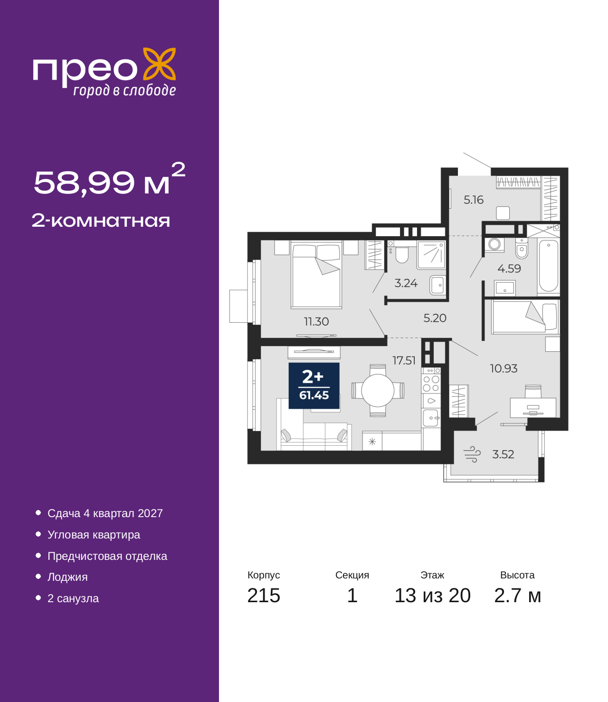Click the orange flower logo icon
click(x=159, y=64)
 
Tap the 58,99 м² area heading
click(x=109, y=179)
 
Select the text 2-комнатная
click(x=101, y=221)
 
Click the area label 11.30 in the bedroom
click(x=316, y=321)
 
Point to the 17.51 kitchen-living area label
click(x=404, y=360)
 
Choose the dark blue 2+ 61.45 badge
click(x=313, y=386)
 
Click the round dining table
click(x=378, y=391)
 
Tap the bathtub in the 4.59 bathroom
click(x=548, y=266)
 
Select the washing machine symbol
click(x=494, y=244)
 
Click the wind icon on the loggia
click(x=472, y=454)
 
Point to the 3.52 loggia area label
click(x=503, y=454)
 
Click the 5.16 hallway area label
click(x=473, y=200)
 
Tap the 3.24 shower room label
click(x=406, y=283)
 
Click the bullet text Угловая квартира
click(x=94, y=535)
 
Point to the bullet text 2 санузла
click(x=73, y=598)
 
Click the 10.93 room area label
click(x=503, y=368)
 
